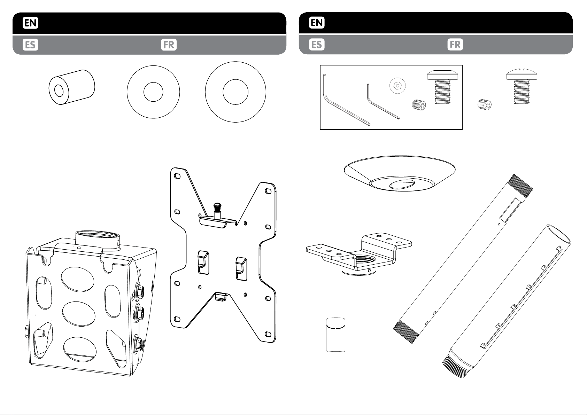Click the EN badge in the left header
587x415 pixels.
pos(30,23)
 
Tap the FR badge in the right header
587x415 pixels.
pos(455,45)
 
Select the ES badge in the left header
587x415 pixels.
pos(30,45)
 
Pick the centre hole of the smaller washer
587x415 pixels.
pos(153,92)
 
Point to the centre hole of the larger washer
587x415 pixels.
pos(235,92)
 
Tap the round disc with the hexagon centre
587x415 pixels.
pos(397,85)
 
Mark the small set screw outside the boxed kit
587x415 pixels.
pos(485,104)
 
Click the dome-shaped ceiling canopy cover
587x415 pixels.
pos(400,173)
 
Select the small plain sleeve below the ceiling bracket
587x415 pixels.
pos(336,335)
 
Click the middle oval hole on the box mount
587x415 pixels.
pos(79,314)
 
